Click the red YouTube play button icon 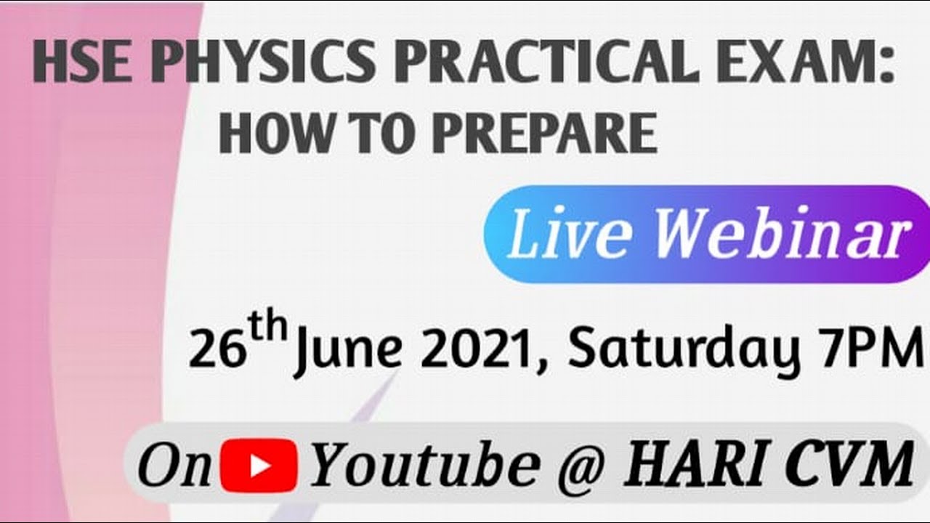(x=258, y=464)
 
